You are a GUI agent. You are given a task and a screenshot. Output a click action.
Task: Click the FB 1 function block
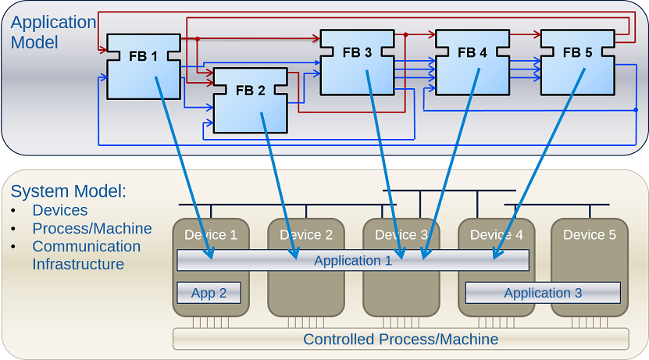143,66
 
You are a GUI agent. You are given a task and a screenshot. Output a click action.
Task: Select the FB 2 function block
250,100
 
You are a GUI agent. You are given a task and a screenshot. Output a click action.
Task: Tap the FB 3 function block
357,62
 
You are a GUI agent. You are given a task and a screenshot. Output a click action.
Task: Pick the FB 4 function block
472,62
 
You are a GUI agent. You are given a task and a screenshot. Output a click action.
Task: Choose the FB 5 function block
577,62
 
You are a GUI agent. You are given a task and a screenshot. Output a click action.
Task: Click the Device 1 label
211,234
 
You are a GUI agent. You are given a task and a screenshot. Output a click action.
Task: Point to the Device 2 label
306,234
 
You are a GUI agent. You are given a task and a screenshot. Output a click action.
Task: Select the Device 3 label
401,234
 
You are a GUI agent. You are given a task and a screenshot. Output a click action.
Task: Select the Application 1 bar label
353,261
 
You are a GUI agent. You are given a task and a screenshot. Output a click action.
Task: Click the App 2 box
209,293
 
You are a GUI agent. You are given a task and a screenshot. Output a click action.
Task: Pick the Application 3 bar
543,293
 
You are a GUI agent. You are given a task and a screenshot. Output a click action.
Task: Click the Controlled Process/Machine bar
401,339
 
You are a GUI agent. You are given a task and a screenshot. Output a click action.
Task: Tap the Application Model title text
53,32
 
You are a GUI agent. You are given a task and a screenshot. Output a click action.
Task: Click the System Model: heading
69,191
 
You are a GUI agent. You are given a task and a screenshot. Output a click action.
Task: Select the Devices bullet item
60,210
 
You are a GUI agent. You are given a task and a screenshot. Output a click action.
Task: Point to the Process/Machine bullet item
91,228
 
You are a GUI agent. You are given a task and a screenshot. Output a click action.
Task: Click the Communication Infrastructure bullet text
86,255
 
